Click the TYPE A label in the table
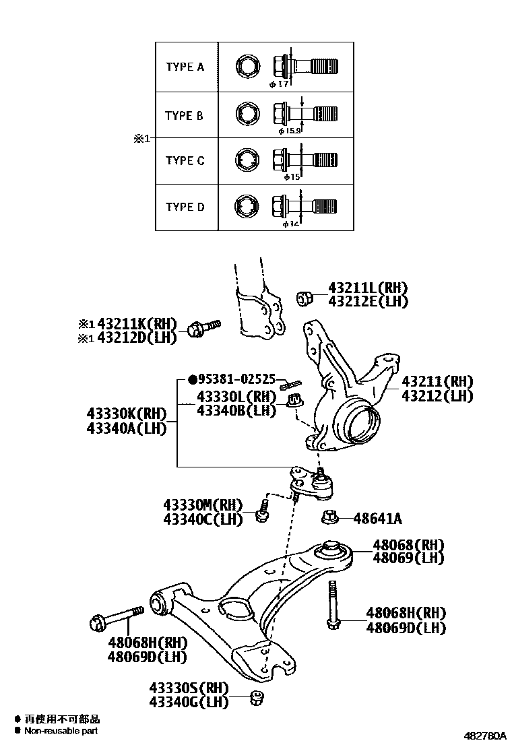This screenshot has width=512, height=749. click(x=185, y=67)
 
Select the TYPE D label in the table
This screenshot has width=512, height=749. click(x=185, y=207)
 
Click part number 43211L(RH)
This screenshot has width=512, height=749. click(x=368, y=288)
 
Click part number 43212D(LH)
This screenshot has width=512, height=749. click(x=137, y=337)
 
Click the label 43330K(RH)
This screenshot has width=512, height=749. click(x=126, y=414)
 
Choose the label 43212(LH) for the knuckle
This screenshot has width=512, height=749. click(x=437, y=396)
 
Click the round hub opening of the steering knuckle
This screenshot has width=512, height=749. click(x=360, y=423)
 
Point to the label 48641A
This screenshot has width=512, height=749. click(x=378, y=518)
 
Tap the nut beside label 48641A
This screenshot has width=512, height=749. click(x=330, y=518)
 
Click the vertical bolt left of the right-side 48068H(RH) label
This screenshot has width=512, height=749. click(x=332, y=606)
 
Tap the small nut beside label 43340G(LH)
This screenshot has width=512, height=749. click(x=256, y=698)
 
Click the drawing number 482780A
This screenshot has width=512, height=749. click(x=484, y=736)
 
